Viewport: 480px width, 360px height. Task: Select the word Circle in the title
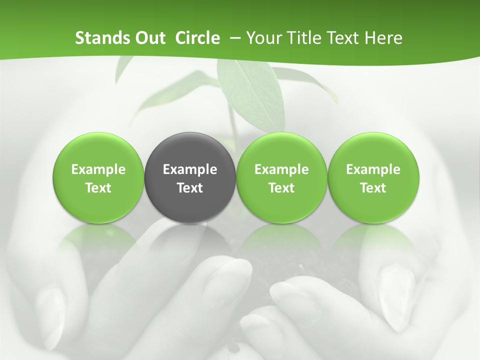pyautogui.click(x=197, y=38)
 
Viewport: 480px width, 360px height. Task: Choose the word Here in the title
pyautogui.click(x=384, y=38)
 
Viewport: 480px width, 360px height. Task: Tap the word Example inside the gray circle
pyautogui.click(x=190, y=170)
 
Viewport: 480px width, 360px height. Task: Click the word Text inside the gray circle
pyautogui.click(x=190, y=188)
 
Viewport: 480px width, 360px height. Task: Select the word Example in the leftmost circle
pyautogui.click(x=98, y=170)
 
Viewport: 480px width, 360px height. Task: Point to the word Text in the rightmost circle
pyautogui.click(x=373, y=188)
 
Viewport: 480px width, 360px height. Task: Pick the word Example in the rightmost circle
pyautogui.click(x=373, y=170)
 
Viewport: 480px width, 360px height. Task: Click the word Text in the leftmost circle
pyautogui.click(x=98, y=188)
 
